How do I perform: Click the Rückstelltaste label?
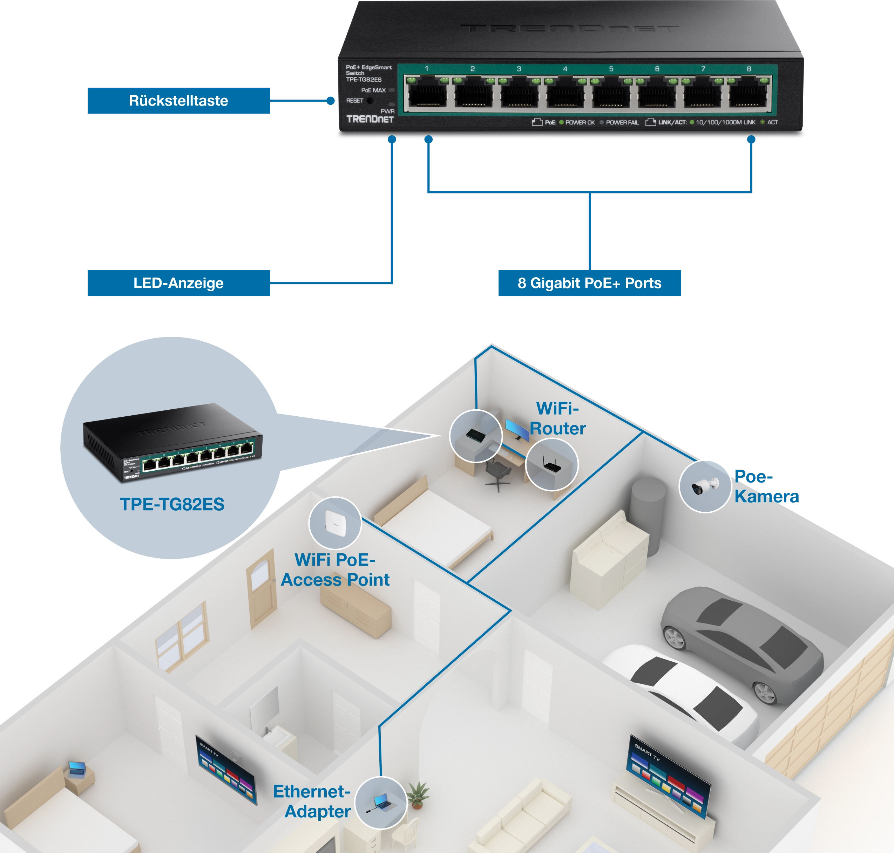coord(178,101)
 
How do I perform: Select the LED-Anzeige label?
coord(178,283)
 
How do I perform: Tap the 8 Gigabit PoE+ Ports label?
coord(589,283)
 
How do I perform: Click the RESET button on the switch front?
coord(370,101)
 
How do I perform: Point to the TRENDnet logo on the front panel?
coord(370,119)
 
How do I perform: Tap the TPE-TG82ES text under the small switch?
coord(172,504)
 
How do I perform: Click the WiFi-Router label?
coord(557,418)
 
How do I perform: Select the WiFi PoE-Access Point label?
coord(335,570)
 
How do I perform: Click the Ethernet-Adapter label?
coord(312,801)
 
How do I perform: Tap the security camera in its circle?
coord(705,486)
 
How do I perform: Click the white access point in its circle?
coord(335,523)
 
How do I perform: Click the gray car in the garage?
coord(741,641)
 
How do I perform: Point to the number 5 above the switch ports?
coord(611,69)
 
